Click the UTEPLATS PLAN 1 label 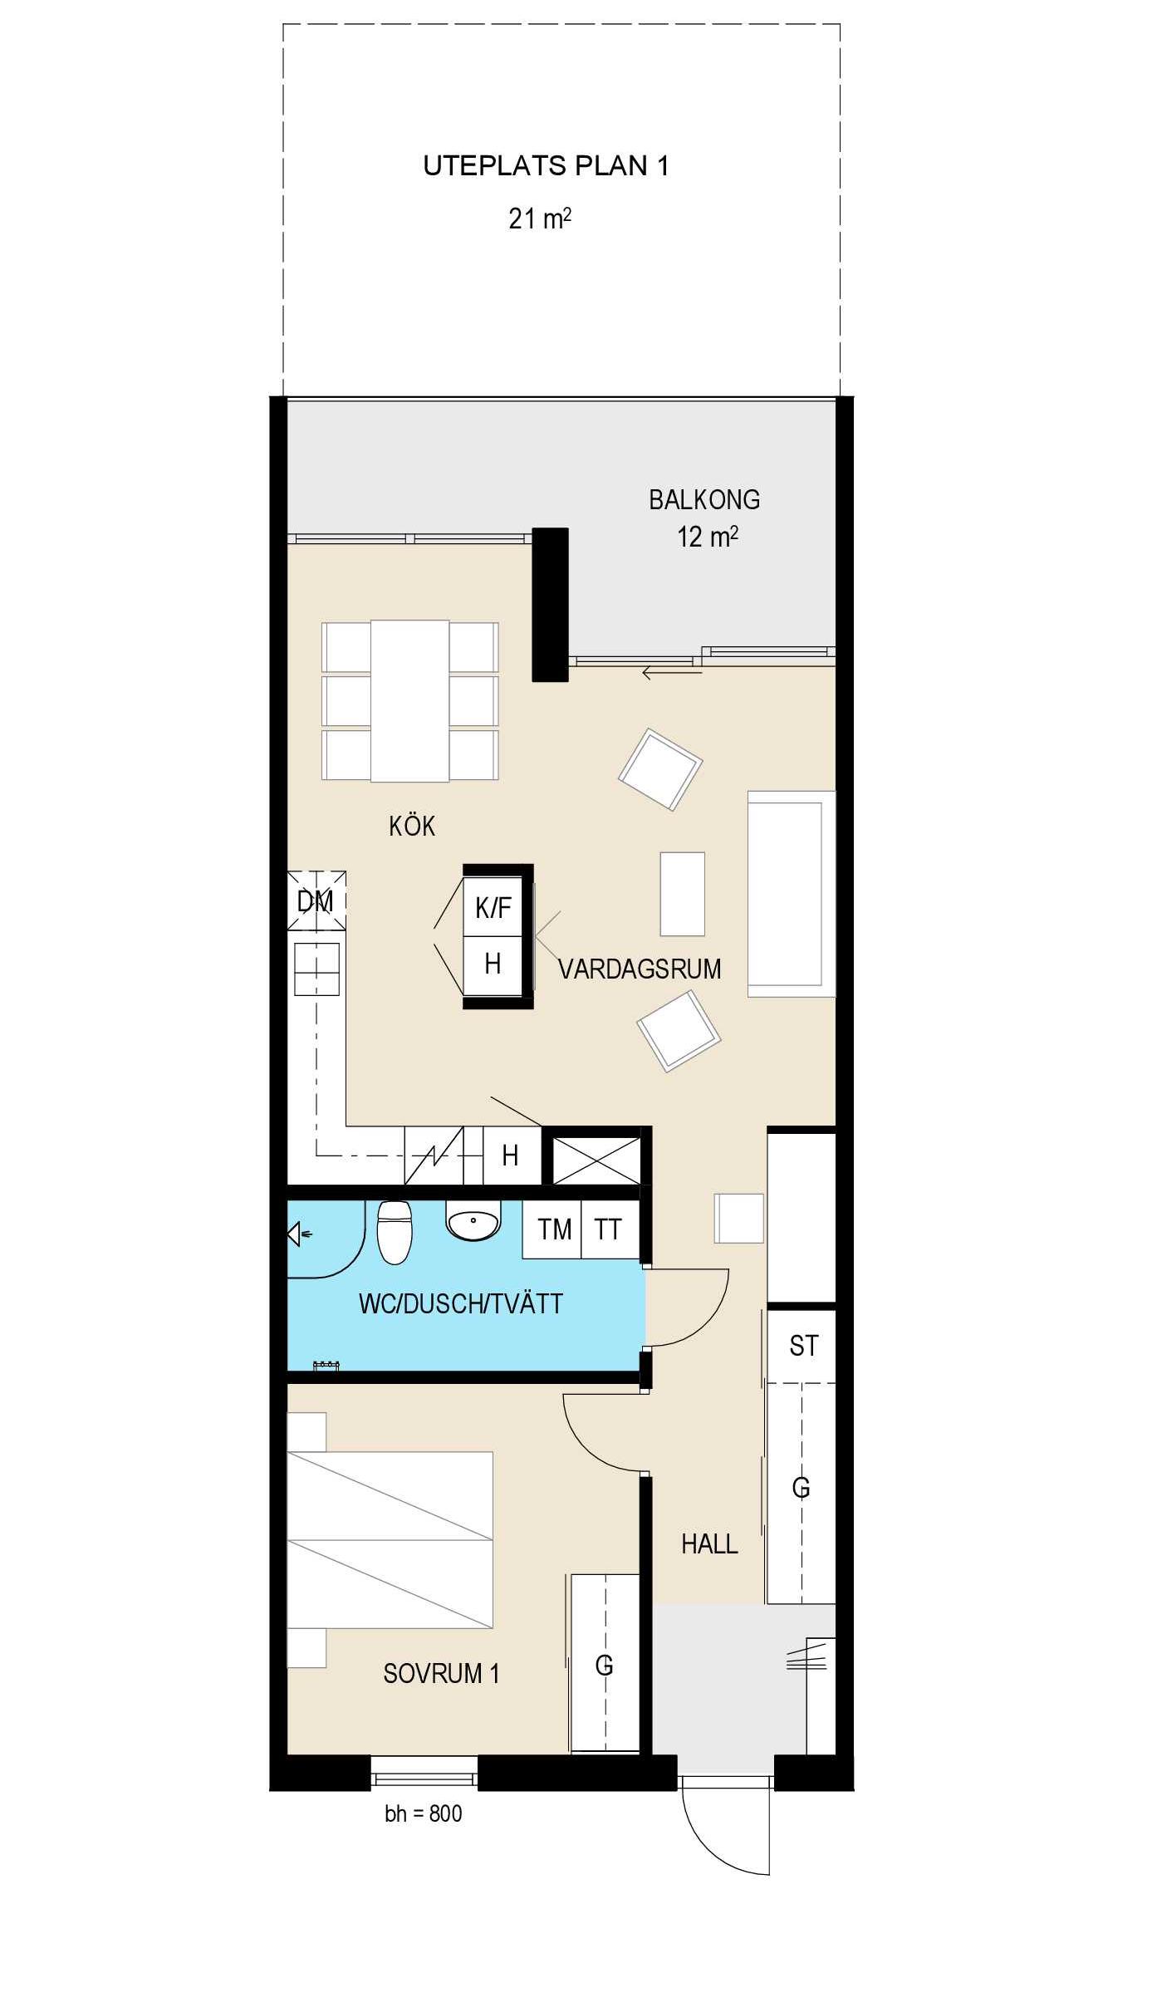546,166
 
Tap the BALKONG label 704,499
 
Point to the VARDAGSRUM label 640,969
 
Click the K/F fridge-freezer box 493,906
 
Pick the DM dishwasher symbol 316,900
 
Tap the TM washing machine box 552,1229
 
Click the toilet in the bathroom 395,1232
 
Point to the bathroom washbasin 473,1219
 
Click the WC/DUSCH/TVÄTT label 461,1303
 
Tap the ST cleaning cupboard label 803,1346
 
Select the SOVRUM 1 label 441,1673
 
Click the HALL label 709,1544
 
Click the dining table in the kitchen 410,701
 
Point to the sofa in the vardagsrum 792,894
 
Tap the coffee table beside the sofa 683,894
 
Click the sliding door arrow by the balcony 672,674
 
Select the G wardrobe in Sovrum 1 605,1663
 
